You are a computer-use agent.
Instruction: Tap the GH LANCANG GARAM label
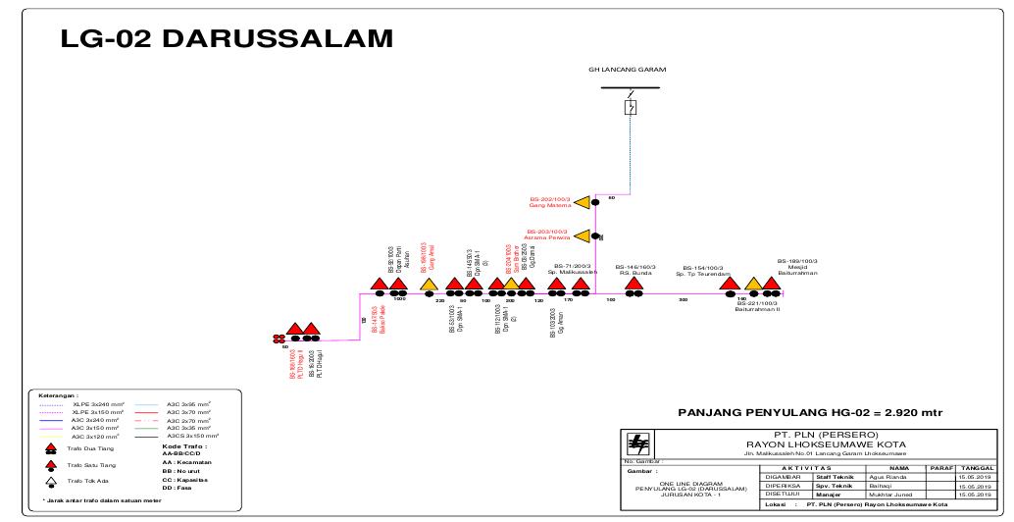pos(629,71)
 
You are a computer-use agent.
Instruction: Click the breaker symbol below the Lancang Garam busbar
pos(630,106)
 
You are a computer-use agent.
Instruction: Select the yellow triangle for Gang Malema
pos(583,202)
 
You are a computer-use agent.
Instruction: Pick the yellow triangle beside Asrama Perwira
pos(583,235)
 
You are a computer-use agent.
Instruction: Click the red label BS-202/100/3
pos(549,196)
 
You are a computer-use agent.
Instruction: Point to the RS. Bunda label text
pos(634,274)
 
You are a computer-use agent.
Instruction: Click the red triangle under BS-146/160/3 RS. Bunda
pos(634,285)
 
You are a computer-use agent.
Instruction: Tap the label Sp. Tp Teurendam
pos(704,274)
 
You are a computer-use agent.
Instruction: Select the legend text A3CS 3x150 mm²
pos(193,434)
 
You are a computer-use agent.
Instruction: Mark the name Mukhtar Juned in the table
pos(890,496)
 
